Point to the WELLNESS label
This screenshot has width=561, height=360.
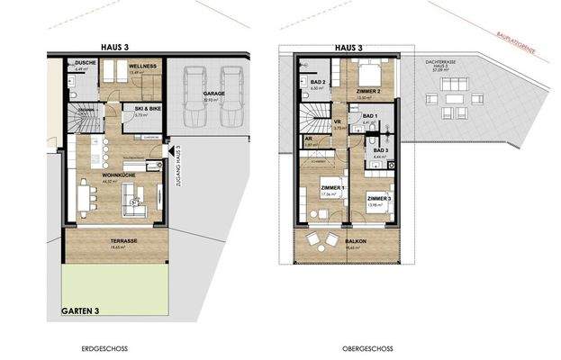click(143, 67)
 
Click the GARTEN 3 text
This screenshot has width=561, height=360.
click(79, 310)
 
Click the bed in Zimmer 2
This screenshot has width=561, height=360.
click(365, 71)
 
